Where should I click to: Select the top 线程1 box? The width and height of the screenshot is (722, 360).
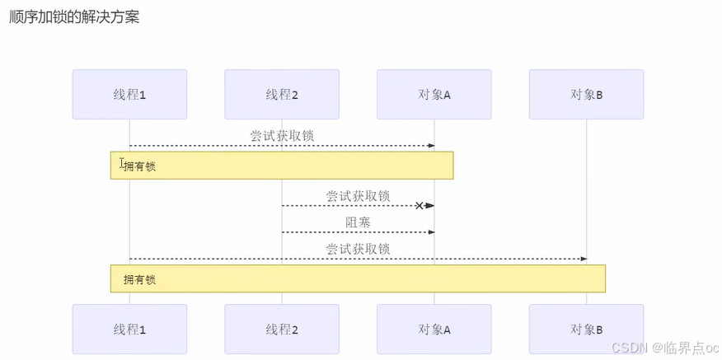coord(129,95)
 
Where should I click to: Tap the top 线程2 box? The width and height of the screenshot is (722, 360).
coord(282,95)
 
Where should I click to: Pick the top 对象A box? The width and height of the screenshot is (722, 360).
coord(434,95)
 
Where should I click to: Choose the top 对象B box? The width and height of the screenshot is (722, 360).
coord(587,95)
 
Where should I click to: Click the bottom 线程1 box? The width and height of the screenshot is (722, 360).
coord(129,330)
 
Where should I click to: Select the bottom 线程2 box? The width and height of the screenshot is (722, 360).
coord(282,330)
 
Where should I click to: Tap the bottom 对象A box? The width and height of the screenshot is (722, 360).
coord(434,330)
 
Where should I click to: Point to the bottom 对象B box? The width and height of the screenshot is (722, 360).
coord(587,330)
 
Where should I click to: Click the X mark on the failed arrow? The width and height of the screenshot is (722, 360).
coord(419,205)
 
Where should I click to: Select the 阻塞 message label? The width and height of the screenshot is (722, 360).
coord(358,222)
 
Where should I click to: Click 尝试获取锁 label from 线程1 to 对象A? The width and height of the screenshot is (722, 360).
coord(282,136)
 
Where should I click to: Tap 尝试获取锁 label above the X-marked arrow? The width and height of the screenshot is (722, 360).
coord(358,196)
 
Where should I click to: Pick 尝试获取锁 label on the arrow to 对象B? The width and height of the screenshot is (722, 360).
coord(358,249)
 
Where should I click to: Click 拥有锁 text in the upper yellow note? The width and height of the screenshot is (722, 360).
coord(140,166)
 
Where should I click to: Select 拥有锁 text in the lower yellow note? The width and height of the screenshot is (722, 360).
coord(140,280)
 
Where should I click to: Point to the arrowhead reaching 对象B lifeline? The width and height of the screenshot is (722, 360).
coord(583,259)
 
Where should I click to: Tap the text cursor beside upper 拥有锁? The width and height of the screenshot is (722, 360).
coord(122,164)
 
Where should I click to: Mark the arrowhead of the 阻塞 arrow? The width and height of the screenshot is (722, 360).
coord(430,232)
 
